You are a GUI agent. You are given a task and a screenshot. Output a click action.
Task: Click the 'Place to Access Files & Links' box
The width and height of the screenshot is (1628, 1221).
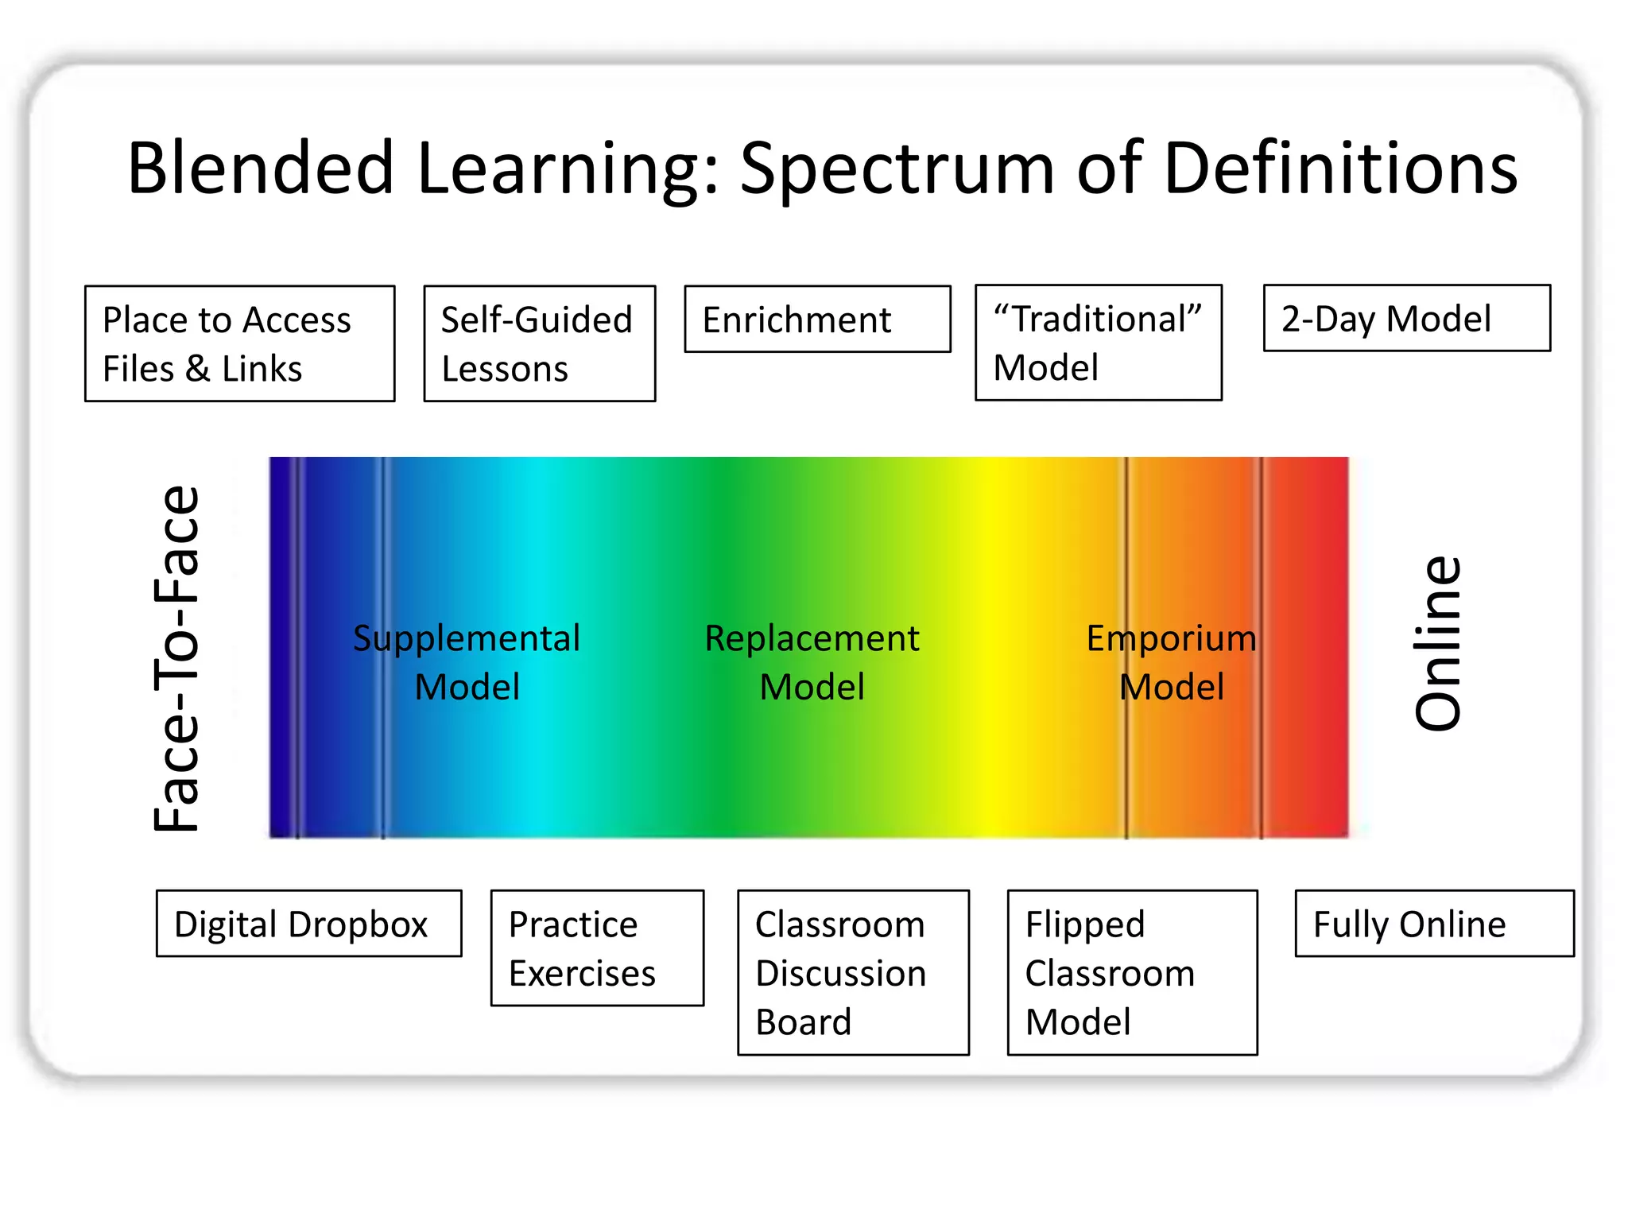239,343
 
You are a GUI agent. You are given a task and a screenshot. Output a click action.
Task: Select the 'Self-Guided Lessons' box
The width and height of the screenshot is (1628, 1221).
539,343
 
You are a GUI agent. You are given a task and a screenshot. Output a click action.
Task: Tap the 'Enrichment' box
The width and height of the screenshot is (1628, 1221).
817,319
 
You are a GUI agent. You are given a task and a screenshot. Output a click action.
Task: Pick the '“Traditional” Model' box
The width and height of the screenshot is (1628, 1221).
1098,343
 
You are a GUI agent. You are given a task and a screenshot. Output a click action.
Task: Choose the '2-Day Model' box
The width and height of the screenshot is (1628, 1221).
1406,318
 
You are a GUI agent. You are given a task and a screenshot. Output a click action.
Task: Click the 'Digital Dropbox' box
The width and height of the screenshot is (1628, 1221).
308,924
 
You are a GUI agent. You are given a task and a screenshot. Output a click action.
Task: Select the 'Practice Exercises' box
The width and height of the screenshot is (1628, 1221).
597,948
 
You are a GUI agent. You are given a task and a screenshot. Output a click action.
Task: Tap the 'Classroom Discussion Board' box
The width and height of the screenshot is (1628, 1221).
853,972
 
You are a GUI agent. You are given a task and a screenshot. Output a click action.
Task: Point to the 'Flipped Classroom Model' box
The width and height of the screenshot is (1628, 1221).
1132,972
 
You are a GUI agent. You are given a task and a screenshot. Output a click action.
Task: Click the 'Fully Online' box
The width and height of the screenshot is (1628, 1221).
1434,924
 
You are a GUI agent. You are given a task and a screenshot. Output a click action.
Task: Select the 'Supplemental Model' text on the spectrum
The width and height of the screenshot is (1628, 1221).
467,662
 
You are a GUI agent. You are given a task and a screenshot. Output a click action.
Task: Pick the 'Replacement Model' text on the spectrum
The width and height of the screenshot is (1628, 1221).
812,662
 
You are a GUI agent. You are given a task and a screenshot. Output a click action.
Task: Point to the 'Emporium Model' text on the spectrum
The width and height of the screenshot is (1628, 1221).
1171,662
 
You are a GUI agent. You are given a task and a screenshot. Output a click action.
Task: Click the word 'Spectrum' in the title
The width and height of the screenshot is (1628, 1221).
897,169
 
